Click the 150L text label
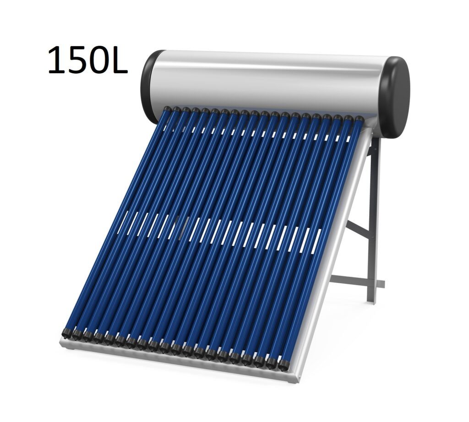coord(87,60)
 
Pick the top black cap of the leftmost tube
coord(167,109)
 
